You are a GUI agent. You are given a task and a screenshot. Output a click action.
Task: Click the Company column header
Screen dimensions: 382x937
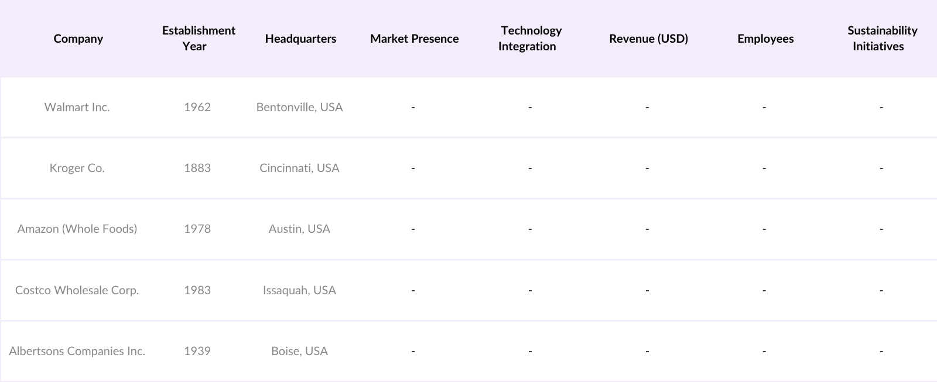coord(78,39)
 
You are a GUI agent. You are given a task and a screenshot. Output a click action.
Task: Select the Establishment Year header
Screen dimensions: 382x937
coord(199,39)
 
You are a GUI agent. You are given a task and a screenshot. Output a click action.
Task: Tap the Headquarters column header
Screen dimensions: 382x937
coord(300,39)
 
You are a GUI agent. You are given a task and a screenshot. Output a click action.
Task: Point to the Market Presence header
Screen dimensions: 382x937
coord(414,39)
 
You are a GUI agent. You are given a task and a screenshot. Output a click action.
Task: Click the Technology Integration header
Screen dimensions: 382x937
coord(530,39)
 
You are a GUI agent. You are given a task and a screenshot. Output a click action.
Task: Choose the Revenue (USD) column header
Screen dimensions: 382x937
coord(648,39)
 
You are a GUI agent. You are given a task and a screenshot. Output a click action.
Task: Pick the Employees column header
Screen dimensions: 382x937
coord(765,39)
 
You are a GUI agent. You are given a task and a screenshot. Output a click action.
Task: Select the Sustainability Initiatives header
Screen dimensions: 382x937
coord(881,39)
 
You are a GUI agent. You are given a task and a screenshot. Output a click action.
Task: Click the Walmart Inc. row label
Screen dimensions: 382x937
coord(77,107)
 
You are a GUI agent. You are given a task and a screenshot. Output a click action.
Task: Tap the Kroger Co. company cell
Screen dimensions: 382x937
coord(77,168)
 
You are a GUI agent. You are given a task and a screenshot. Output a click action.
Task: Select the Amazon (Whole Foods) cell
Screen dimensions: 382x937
coord(77,229)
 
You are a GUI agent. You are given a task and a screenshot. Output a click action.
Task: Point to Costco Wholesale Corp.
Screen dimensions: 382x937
coord(77,290)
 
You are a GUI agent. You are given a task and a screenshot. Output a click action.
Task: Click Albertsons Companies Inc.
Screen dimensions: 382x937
coord(77,351)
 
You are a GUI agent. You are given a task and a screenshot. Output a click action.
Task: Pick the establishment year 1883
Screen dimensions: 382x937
coord(197,168)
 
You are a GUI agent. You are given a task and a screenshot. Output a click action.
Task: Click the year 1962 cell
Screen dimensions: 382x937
coord(197,107)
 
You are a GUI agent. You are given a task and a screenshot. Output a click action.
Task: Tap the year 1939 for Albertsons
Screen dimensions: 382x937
coord(197,351)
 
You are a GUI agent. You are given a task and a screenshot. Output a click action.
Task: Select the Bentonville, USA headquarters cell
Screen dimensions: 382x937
coord(299,107)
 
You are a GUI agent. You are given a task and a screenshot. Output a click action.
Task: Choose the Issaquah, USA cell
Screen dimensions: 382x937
coord(299,290)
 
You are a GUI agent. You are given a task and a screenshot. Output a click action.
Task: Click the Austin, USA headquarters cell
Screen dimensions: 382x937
coord(299,229)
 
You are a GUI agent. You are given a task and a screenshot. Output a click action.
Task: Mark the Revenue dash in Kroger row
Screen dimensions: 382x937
coord(647,168)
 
